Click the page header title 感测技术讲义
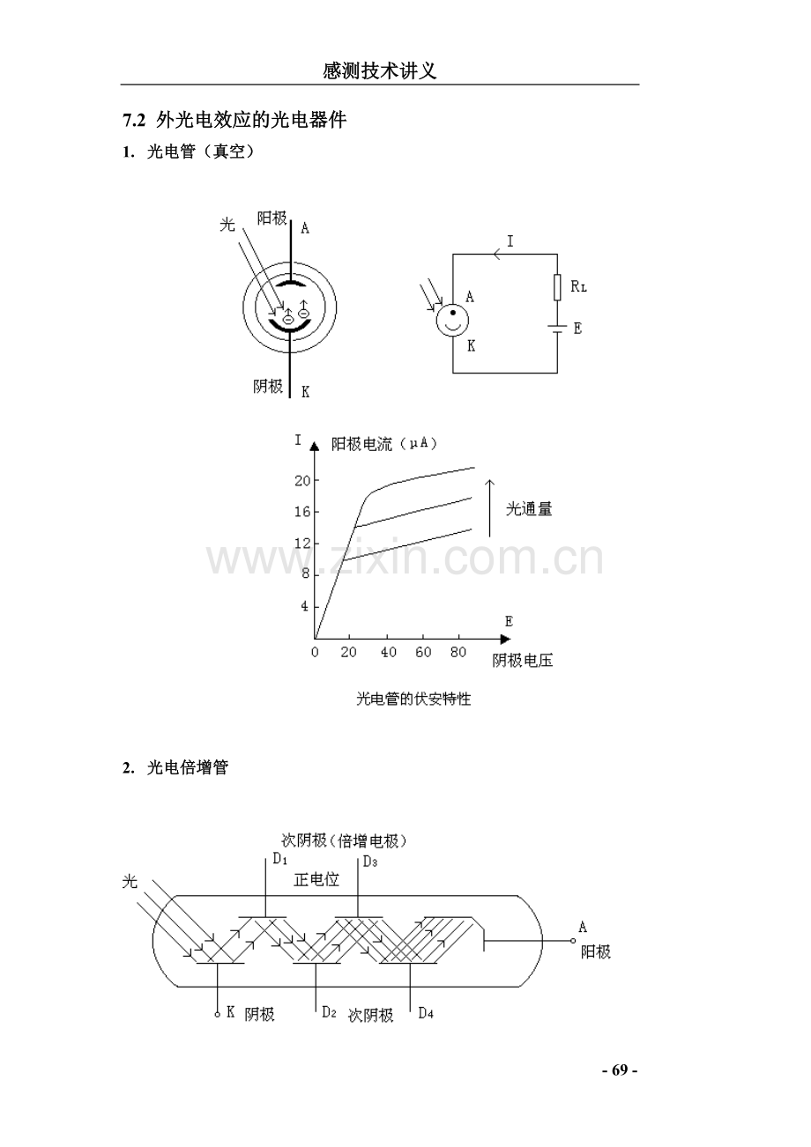point(380,71)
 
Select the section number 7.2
point(134,121)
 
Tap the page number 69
point(620,1070)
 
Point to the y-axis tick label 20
point(302,480)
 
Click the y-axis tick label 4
point(305,606)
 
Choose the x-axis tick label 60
point(423,652)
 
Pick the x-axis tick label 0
point(315,652)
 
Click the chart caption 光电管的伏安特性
point(413,699)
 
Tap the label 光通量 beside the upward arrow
point(529,508)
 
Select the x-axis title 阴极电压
point(523,661)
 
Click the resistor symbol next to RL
point(557,287)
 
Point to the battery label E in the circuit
point(578,329)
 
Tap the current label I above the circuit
point(510,241)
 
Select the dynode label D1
point(280,859)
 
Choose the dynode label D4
point(426,1013)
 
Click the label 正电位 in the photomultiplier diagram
point(316,880)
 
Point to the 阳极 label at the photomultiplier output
point(596,952)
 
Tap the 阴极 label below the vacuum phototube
point(268,386)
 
